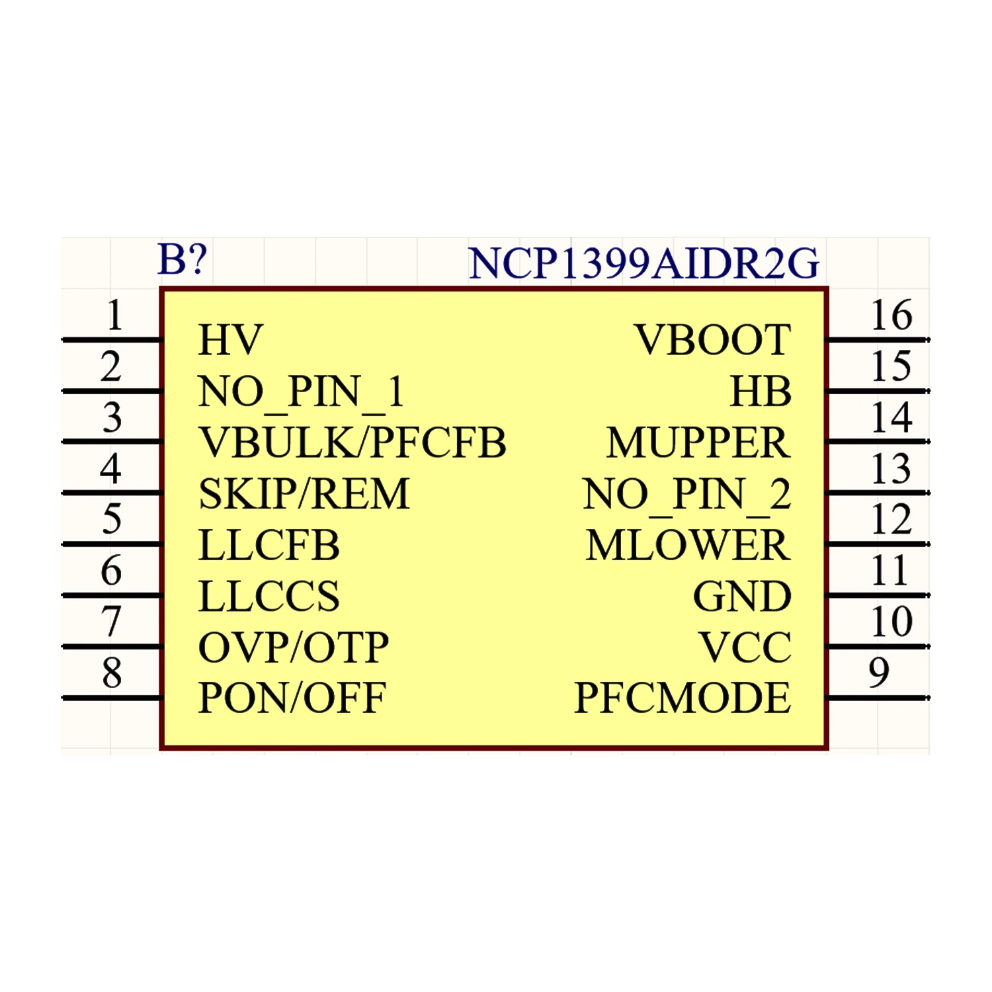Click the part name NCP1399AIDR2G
(x=643, y=263)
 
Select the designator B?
(x=183, y=259)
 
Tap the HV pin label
(x=231, y=340)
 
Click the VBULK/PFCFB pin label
(x=352, y=442)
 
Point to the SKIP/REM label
(x=304, y=494)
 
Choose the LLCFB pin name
(x=269, y=545)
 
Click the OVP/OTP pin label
(x=294, y=647)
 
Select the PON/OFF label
(x=292, y=698)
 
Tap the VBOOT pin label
(x=712, y=340)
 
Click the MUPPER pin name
(x=698, y=442)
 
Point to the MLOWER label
(x=688, y=545)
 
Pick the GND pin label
(x=742, y=597)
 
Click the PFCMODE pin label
(x=682, y=698)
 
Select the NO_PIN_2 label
(x=686, y=494)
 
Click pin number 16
(x=891, y=315)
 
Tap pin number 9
(x=879, y=673)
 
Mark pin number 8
(x=112, y=673)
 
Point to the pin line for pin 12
(x=877, y=544)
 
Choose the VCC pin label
(x=745, y=647)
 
